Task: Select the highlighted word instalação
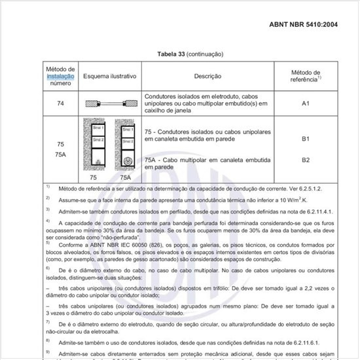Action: point(60,77)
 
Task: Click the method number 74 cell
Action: point(60,103)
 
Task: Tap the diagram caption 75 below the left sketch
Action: point(94,177)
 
